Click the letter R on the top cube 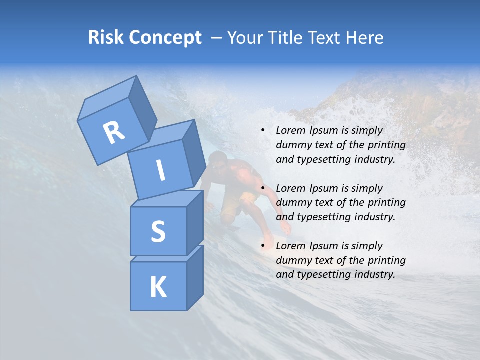114,133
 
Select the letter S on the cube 158,231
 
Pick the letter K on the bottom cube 158,287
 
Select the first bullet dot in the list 263,131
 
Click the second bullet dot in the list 263,188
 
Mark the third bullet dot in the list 263,246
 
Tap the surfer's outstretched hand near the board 286,229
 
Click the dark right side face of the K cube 195,277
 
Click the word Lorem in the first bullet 290,131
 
